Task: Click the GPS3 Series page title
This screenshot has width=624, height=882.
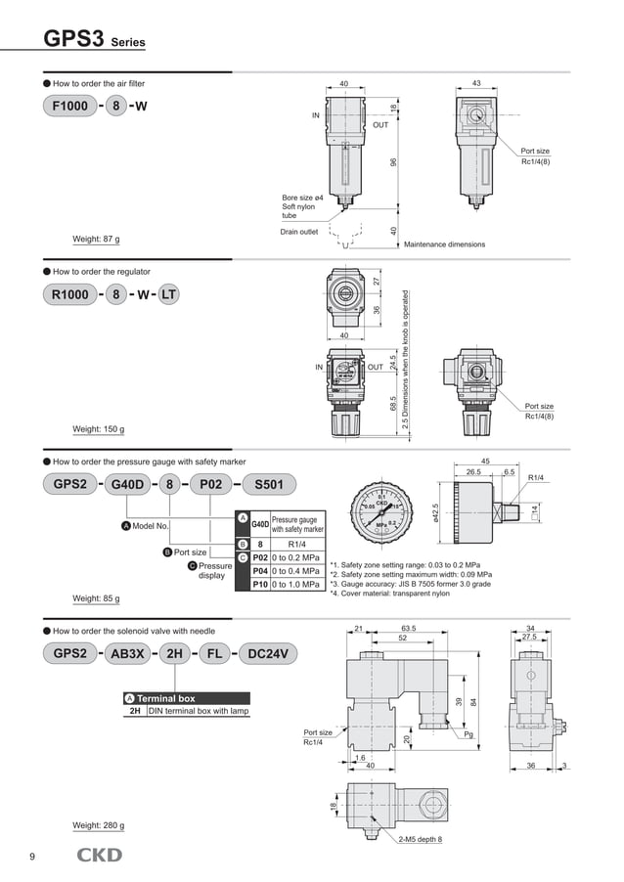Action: pos(94,40)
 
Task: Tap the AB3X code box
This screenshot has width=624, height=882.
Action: pos(129,654)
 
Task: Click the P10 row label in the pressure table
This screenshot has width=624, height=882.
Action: pos(260,585)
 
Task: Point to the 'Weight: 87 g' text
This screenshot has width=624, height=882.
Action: pos(97,239)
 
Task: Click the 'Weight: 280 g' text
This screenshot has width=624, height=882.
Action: pos(99,825)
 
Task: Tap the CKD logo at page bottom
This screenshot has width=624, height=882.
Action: pos(100,856)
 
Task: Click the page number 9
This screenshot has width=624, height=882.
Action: pos(32,858)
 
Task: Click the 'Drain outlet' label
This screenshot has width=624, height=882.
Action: pos(300,232)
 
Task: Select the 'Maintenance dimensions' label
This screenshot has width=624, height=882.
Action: pos(444,244)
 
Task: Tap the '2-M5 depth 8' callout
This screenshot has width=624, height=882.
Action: pos(420,839)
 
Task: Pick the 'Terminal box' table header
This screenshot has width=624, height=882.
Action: pos(165,698)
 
